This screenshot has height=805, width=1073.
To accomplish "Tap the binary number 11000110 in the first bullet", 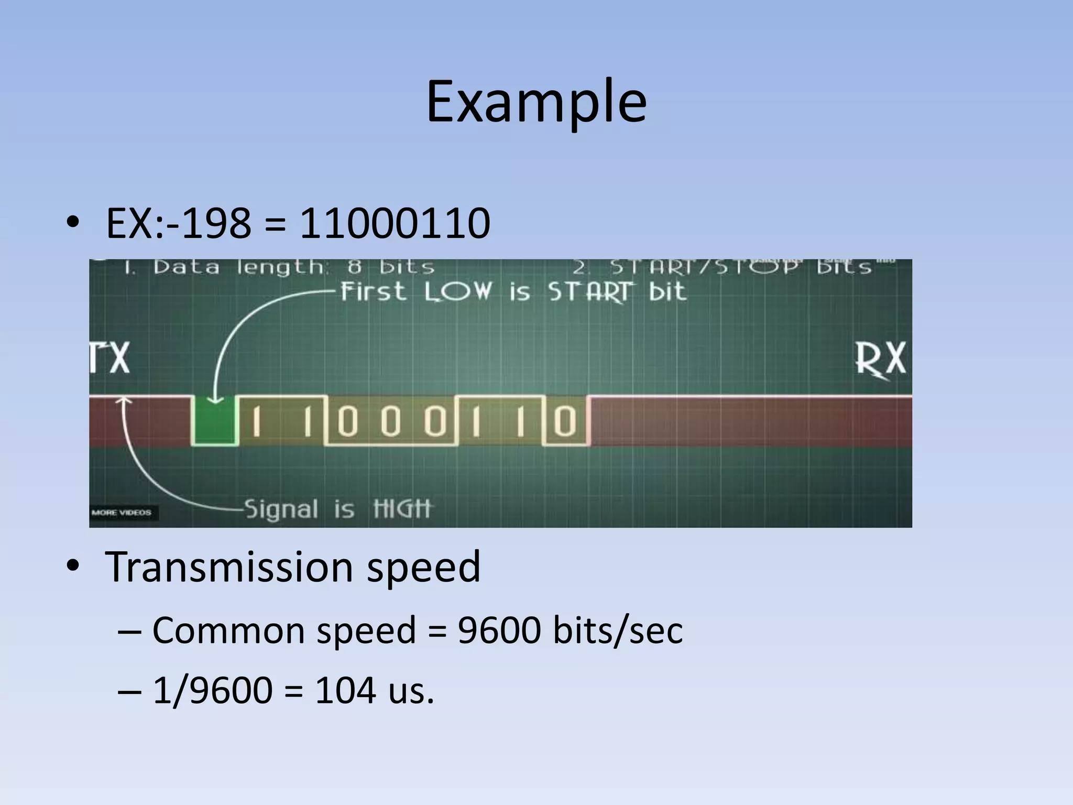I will point(395,224).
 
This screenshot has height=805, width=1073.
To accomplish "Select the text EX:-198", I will point(178,224).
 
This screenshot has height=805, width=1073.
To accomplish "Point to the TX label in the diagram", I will point(110,358).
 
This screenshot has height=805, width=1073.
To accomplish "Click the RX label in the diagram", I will point(880,360).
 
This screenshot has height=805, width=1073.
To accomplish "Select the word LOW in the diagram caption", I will point(458,291).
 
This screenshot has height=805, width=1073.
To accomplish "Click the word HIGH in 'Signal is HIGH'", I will point(402,508).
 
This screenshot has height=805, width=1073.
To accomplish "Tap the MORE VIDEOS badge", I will point(122,513).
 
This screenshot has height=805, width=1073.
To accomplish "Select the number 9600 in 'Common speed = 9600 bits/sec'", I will point(499,630).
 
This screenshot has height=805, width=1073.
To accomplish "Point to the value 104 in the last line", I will point(345,690).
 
